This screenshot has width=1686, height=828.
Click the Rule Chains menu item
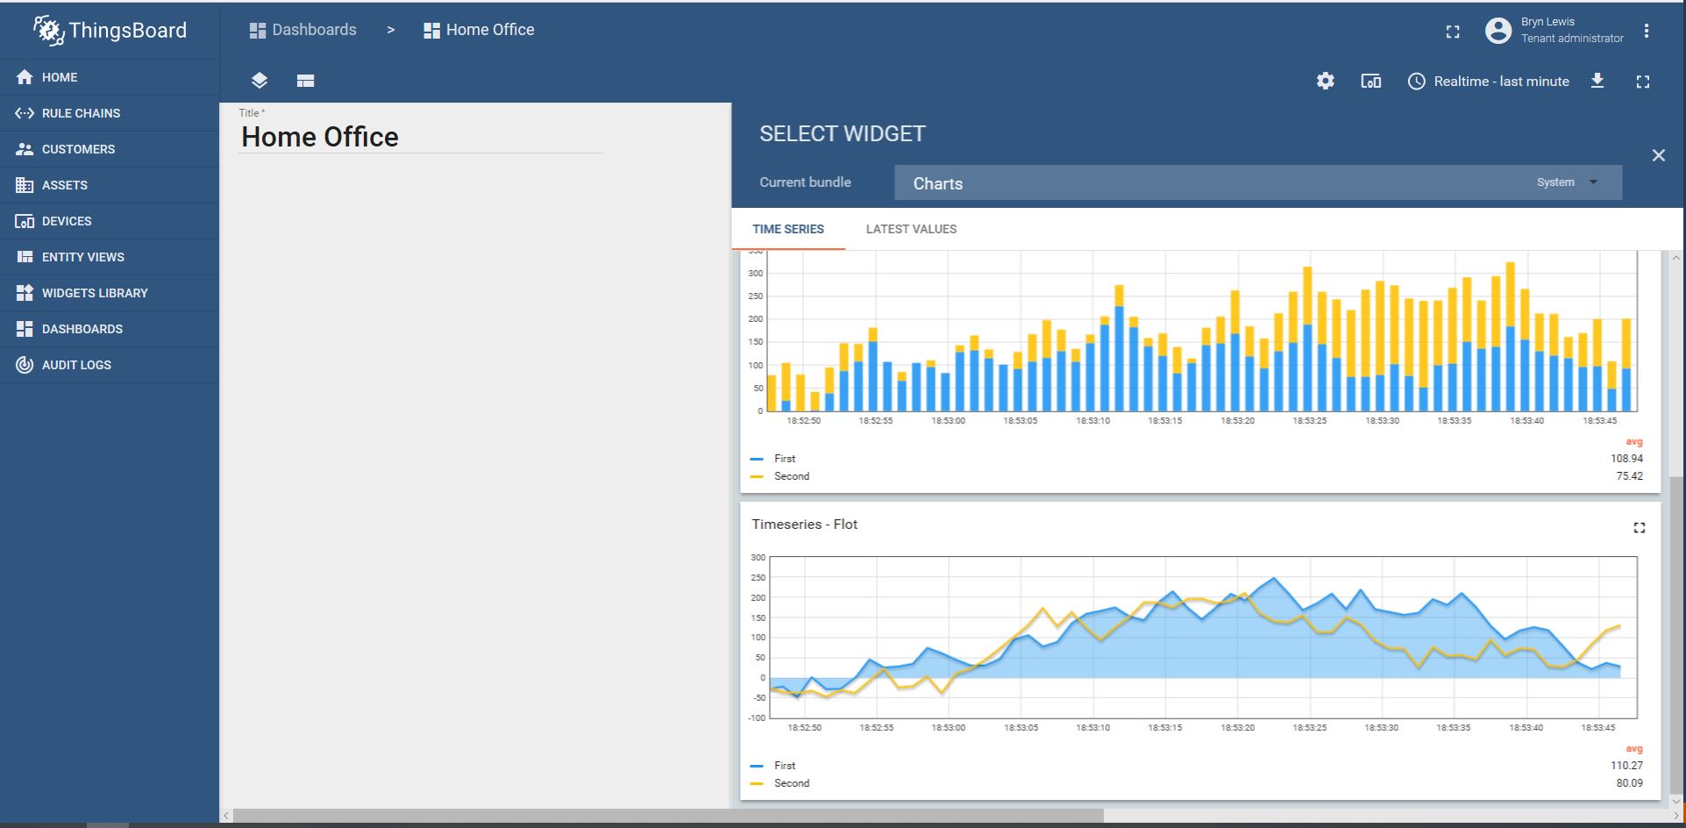coord(80,113)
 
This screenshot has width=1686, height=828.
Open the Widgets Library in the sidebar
coord(94,293)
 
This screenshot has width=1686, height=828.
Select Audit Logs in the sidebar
coord(75,365)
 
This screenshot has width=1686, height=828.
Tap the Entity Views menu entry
coord(82,257)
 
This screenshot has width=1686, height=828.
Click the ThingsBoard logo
coord(110,31)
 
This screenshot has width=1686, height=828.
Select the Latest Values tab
coord(911,229)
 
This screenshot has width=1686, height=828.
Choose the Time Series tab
coord(787,229)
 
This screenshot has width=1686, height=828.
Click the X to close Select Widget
coord(1658,155)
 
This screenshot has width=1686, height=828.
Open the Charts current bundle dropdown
coord(1257,183)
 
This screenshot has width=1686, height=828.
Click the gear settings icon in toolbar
coord(1325,81)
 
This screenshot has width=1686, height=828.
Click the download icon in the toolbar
coord(1597,81)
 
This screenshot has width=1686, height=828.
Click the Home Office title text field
coord(420,137)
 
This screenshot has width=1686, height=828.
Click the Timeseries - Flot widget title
coord(804,525)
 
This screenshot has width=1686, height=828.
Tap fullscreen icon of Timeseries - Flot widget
coord(1639,527)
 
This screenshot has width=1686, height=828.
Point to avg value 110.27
coord(1626,766)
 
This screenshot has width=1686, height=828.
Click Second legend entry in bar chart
coord(791,476)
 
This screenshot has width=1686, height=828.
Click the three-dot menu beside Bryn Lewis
coord(1647,31)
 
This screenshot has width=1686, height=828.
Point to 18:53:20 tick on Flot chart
coord(1237,728)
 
